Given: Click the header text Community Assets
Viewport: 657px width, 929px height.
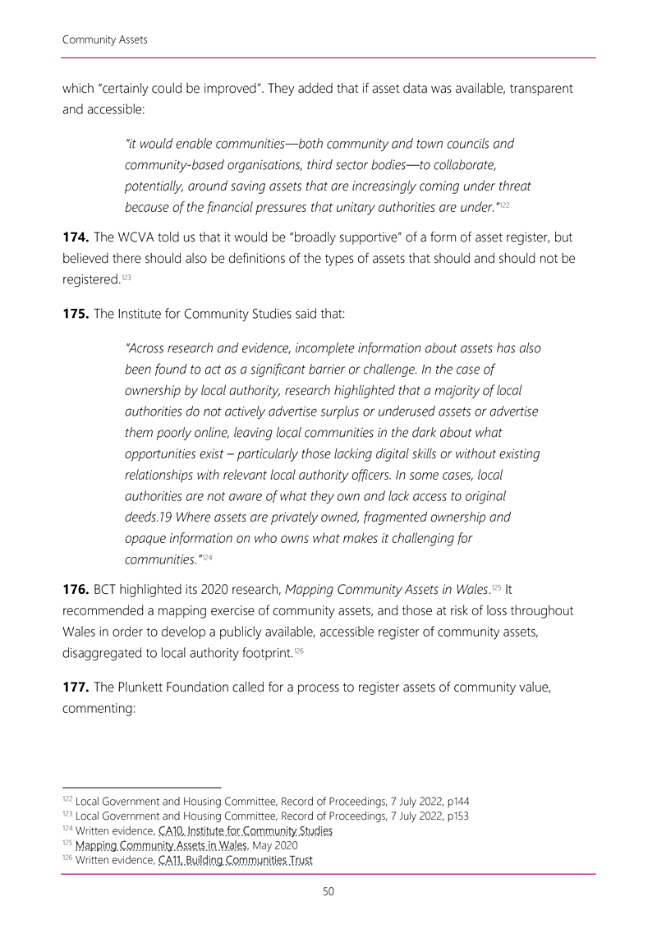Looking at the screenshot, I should (104, 39).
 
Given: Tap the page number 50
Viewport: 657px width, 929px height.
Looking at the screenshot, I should (328, 892).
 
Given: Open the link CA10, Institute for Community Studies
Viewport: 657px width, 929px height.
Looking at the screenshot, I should (245, 831).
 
